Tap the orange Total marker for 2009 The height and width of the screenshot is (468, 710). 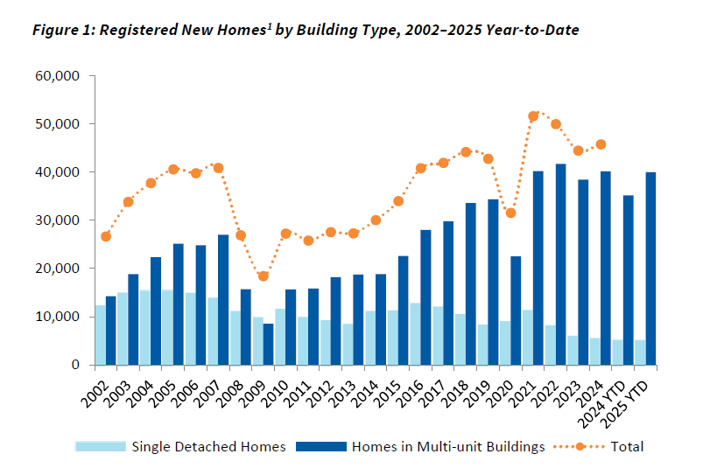coord(263,276)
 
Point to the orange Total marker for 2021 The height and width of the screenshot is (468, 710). coord(533,116)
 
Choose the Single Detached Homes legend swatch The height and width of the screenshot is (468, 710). coord(100,446)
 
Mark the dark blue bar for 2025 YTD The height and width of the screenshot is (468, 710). coord(651,269)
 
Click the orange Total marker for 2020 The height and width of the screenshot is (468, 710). coord(511,213)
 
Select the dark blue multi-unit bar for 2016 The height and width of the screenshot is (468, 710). coord(425,297)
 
